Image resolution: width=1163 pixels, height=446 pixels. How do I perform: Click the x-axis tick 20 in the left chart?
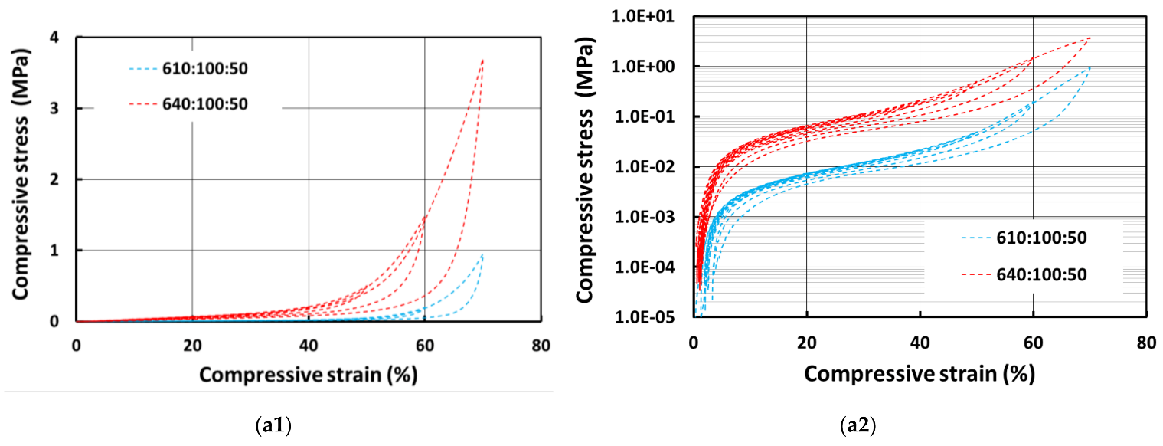click(192, 346)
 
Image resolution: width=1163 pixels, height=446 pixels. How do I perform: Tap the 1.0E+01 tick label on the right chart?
click(656, 16)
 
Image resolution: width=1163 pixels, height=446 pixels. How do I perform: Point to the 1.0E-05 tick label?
click(656, 317)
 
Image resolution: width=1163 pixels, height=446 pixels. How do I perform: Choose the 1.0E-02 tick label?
click(656, 167)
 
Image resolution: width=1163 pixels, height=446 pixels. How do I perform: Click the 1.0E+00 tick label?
click(656, 67)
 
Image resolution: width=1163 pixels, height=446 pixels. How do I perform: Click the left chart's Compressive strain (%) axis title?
click(309, 373)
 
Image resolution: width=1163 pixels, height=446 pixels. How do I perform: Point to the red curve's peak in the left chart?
click(483, 59)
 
